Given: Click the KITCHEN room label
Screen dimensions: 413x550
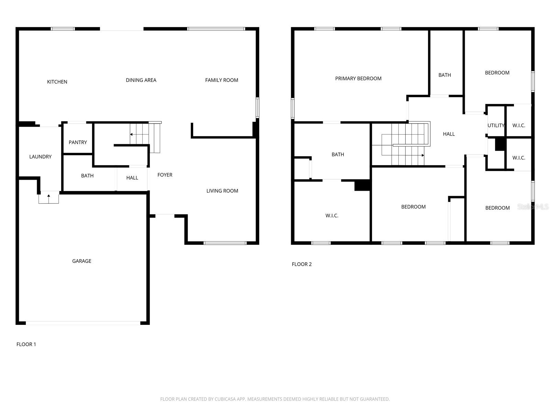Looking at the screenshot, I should point(57,82).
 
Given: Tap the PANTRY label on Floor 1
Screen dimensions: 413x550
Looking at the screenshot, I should point(78,142).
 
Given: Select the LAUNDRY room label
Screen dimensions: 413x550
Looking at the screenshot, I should point(40,157).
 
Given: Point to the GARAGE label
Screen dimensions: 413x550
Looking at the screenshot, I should point(82,261).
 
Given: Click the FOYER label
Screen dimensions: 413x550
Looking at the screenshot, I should point(165,175).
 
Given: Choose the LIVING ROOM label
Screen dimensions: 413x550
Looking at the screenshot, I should point(222,191).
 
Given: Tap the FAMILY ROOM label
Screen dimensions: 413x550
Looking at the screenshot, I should point(221,80).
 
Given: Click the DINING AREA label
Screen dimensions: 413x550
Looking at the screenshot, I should point(141,80).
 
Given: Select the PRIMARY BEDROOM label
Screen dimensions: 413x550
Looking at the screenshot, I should point(358,78).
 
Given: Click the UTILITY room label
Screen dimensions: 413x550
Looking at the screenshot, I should point(496,126).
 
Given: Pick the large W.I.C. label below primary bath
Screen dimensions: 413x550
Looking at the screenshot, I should point(332,216).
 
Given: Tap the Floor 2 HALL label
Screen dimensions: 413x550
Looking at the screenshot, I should point(449,134).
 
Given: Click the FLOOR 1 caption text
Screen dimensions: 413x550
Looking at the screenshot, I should point(26,344).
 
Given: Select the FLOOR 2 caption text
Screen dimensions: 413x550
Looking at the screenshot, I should point(301,264).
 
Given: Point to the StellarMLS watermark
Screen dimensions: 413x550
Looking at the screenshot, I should point(532,206).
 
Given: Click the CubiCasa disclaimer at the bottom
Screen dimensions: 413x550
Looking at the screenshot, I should point(275,399).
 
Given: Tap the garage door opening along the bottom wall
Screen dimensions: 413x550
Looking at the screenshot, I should point(83,323).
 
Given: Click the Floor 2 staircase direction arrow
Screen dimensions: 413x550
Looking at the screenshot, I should point(422,155).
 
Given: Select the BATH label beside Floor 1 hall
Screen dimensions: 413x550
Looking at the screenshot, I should point(87,176).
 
